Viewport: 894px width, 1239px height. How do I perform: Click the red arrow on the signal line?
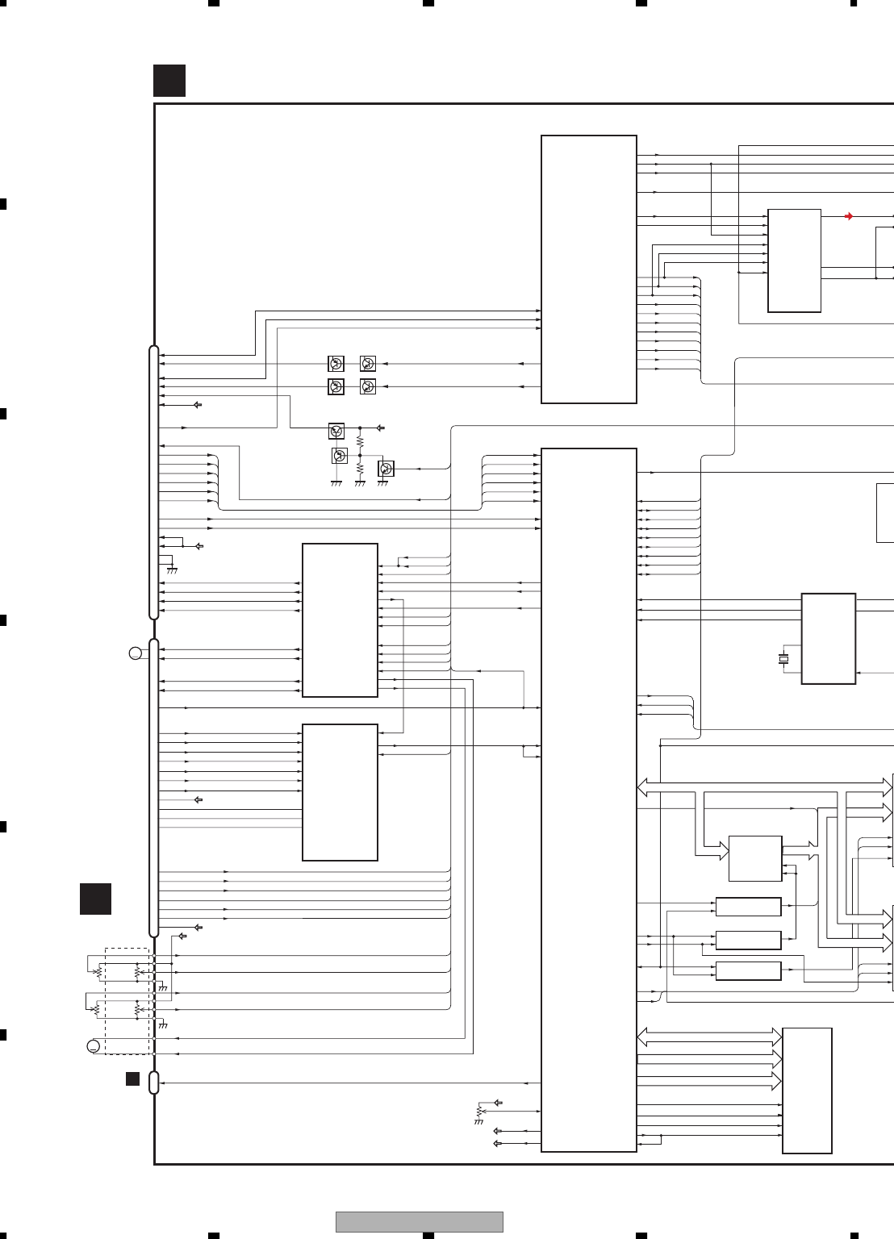click(848, 216)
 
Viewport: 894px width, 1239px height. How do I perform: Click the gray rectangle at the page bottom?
click(419, 1221)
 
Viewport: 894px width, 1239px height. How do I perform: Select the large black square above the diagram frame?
click(169, 81)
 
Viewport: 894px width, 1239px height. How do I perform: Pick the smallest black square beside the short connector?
click(132, 1078)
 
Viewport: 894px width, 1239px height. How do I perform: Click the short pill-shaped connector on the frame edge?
click(154, 1083)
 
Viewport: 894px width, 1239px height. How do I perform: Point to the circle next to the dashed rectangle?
click(94, 1047)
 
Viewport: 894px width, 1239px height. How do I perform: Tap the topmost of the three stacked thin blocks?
click(748, 907)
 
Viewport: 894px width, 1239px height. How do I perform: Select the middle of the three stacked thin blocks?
click(748, 940)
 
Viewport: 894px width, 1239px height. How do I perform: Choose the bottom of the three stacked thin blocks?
click(748, 970)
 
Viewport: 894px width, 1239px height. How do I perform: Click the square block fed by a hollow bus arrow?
click(754, 859)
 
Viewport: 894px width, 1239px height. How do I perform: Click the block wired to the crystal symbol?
click(828, 639)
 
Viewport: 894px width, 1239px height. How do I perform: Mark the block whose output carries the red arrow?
click(794, 261)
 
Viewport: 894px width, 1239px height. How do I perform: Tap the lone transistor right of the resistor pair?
click(386, 469)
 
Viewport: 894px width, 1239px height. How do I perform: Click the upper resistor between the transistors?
click(360, 442)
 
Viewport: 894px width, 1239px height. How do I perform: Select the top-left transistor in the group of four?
click(336, 364)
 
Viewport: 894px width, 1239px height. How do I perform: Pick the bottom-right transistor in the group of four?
click(368, 386)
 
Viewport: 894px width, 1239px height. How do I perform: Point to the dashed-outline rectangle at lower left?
click(127, 1001)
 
